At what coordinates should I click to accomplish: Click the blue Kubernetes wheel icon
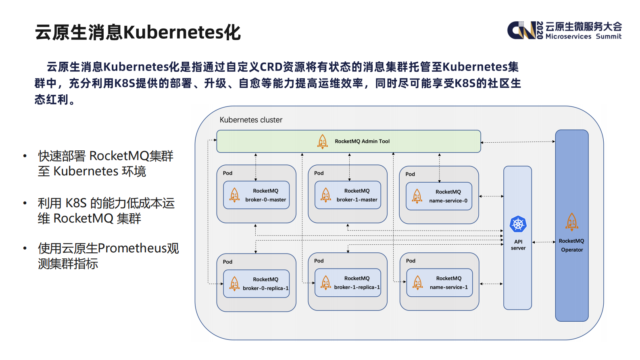coord(518,224)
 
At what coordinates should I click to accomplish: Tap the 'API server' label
coord(518,245)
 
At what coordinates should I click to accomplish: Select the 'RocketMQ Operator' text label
coord(571,245)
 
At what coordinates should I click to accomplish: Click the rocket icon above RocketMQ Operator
coord(571,222)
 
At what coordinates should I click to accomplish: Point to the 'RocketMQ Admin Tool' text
coord(362,142)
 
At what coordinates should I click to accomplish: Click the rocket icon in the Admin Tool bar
coord(323,142)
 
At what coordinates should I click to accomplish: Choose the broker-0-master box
coord(256,195)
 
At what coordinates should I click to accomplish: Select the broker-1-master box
coord(348,195)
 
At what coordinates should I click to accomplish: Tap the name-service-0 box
coord(439,196)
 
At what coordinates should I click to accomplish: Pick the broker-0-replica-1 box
coord(256,284)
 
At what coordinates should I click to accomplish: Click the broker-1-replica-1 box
coord(348,283)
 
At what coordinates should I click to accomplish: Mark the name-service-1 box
coord(440,283)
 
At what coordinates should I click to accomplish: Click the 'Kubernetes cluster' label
coord(251,120)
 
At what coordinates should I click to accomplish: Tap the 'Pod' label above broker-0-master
coord(227,173)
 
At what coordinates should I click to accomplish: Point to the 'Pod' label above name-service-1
coord(411,261)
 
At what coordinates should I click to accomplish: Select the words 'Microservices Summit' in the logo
coord(583,37)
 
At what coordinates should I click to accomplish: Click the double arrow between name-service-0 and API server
coord(491,196)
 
